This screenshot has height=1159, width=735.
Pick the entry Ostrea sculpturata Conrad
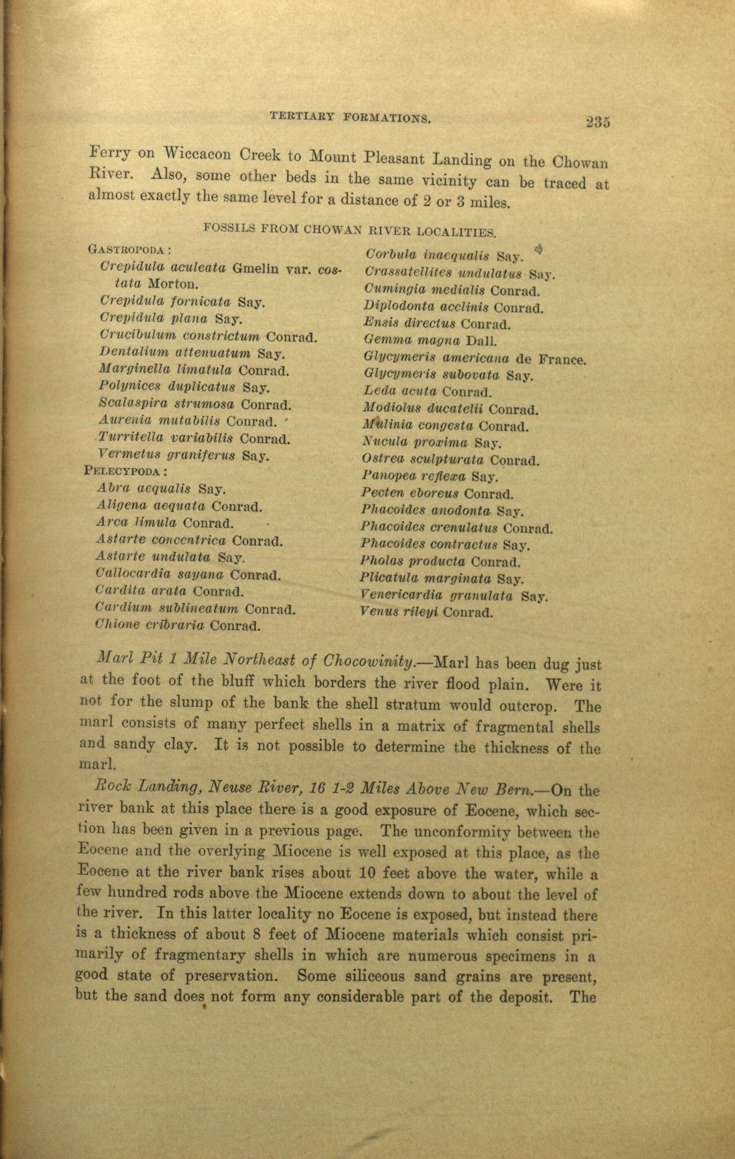(450, 460)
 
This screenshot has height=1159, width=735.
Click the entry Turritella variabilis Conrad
(194, 439)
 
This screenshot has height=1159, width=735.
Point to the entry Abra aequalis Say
(161, 490)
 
